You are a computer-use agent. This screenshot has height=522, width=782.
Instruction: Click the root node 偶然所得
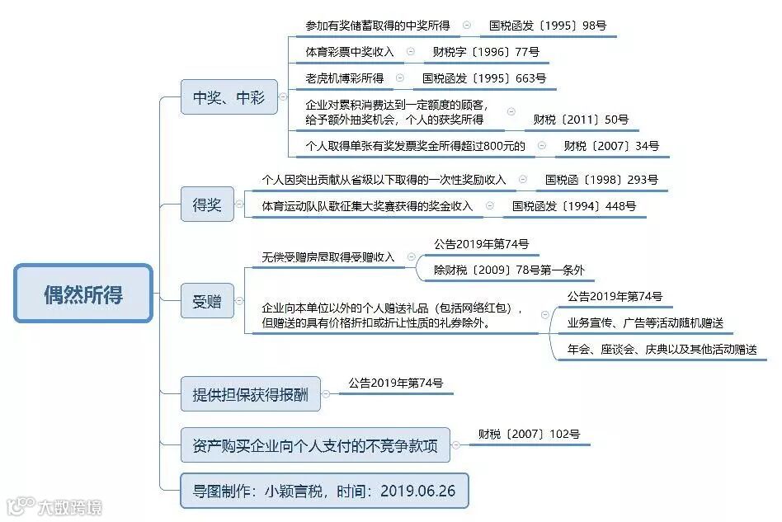coord(83,294)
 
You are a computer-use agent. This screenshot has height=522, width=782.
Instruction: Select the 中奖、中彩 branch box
coord(229,97)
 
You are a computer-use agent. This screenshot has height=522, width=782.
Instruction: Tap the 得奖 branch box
coord(207,205)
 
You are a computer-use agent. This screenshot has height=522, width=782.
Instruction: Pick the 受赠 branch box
coord(207,301)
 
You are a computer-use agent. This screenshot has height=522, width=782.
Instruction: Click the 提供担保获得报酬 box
coord(251,395)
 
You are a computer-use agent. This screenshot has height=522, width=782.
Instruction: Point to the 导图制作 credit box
coord(324,491)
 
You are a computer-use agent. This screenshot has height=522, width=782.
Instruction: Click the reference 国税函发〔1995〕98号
coord(548,26)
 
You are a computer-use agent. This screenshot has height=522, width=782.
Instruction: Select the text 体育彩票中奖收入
coord(350,52)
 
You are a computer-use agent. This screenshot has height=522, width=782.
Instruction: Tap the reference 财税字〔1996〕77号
coord(486,52)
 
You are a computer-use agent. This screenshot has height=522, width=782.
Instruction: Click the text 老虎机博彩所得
coord(344,78)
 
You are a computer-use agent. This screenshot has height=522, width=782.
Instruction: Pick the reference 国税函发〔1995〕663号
coord(484,78)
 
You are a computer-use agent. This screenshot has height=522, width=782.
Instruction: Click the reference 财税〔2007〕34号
coord(606,146)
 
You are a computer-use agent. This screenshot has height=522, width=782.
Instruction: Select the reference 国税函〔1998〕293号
coord(601,179)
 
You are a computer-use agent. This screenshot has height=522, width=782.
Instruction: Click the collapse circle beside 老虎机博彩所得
coord(400,78)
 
